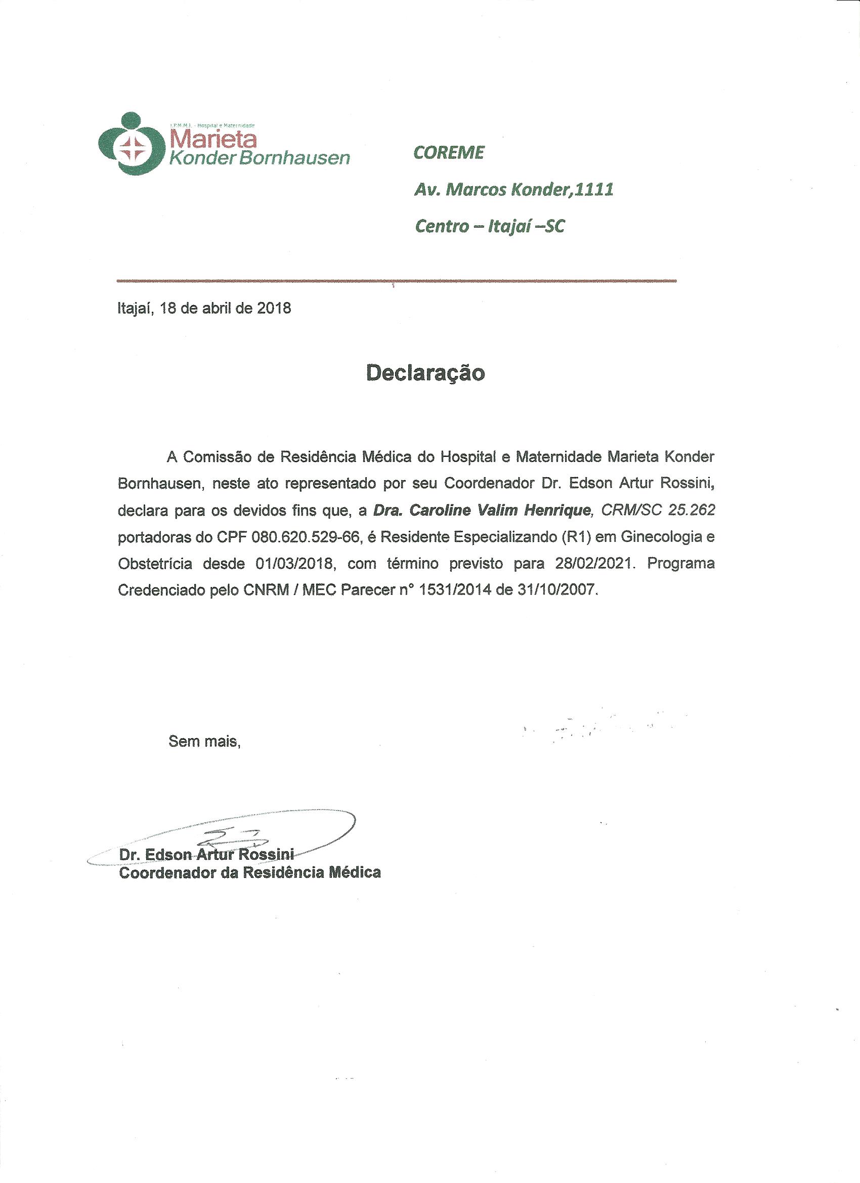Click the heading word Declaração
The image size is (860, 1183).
point(425,373)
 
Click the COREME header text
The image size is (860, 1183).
point(449,152)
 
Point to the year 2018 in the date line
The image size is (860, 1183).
point(274,308)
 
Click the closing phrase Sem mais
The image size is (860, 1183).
point(204,741)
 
